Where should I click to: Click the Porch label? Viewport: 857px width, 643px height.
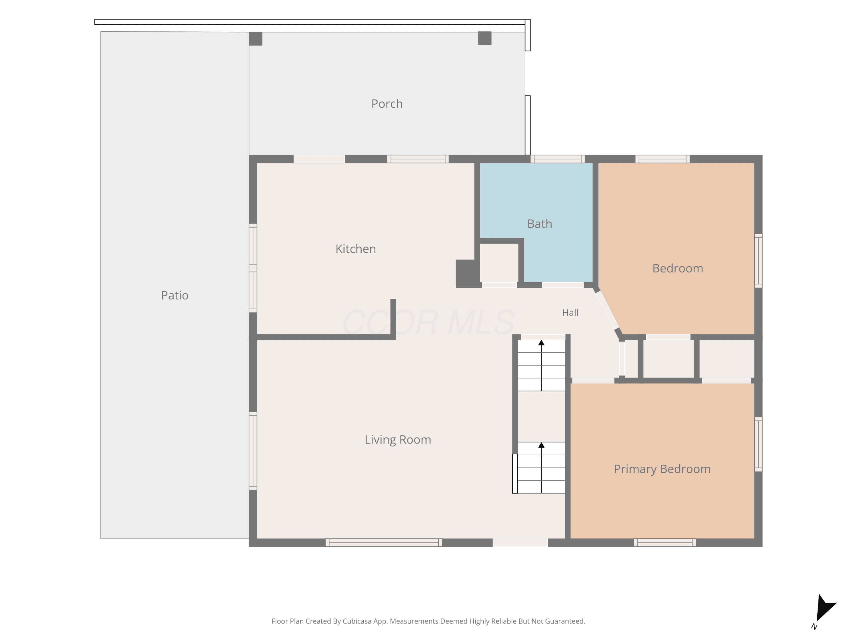(x=387, y=104)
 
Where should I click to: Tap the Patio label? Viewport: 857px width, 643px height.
(x=175, y=295)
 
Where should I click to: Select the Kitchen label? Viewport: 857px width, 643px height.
(x=356, y=249)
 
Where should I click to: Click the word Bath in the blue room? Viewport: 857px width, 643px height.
(x=539, y=224)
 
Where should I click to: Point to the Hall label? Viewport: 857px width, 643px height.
(x=570, y=312)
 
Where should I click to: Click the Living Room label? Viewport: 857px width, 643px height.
(x=398, y=440)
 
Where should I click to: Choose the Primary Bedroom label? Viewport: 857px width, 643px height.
(x=662, y=469)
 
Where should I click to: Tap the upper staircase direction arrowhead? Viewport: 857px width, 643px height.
(x=541, y=343)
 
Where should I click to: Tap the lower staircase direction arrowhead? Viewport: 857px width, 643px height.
(x=541, y=445)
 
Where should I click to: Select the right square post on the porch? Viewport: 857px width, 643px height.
(x=485, y=38)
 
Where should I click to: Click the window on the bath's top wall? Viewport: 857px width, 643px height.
(x=558, y=159)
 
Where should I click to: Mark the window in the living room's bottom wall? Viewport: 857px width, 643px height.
(x=384, y=543)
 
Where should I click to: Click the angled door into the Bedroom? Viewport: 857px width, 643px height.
(x=607, y=310)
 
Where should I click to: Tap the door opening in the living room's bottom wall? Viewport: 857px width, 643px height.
(x=520, y=543)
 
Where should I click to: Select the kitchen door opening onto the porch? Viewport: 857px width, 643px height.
(x=319, y=159)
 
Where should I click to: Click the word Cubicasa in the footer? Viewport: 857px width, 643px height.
(x=357, y=621)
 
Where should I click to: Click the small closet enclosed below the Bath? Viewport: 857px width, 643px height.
(x=499, y=263)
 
